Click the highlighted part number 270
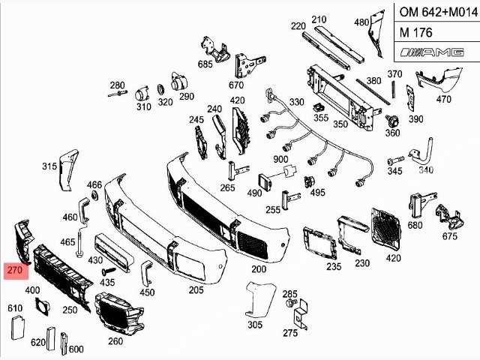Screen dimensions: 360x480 (x=15, y=271)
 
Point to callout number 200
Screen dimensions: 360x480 (x=259, y=269)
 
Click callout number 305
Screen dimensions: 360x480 (x=255, y=325)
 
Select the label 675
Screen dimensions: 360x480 (x=449, y=237)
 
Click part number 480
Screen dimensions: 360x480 (x=361, y=22)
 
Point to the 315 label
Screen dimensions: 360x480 (x=49, y=166)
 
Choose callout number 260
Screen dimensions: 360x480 (x=115, y=341)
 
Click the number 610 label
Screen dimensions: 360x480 (x=15, y=308)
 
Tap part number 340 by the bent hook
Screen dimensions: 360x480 (x=426, y=170)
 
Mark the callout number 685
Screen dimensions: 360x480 (x=205, y=64)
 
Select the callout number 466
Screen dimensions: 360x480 (x=94, y=184)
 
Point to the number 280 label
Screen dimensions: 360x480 (x=118, y=85)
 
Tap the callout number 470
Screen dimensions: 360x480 (x=444, y=99)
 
